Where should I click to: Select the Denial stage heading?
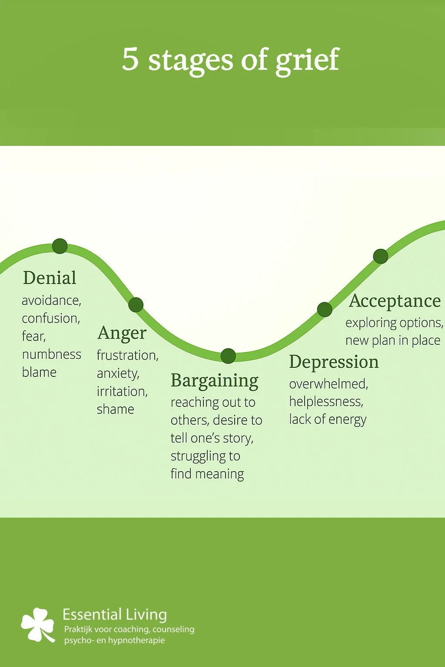50,278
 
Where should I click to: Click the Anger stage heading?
122,333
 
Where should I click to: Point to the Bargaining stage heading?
215,381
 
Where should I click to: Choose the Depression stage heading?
334,362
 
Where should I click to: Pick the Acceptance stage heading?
395,300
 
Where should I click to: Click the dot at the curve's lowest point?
228,356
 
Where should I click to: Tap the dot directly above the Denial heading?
60,246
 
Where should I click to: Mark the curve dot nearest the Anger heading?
136,305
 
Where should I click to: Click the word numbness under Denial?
51,354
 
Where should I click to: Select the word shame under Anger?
115,409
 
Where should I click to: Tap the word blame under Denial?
39,372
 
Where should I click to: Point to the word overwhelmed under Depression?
329,384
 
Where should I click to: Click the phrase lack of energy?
328,419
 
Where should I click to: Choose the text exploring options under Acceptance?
394,323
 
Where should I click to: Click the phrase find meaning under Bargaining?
207,474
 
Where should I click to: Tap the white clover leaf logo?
38,624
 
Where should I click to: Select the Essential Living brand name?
115,614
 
